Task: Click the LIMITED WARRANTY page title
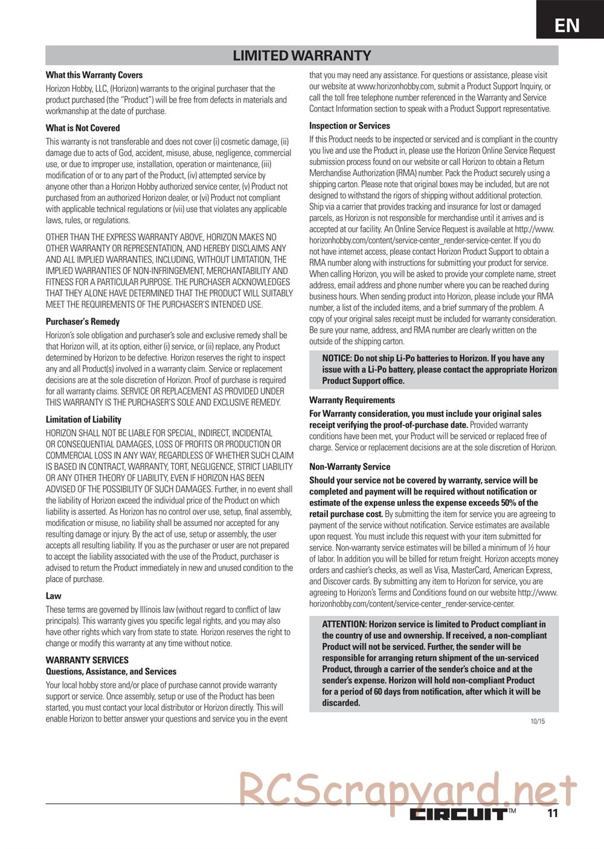[x=302, y=56]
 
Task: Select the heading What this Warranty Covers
[x=94, y=75]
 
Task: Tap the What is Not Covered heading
[x=83, y=128]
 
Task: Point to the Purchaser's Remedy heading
[x=83, y=322]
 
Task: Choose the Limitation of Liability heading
[x=83, y=420]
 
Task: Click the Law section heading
[x=54, y=596]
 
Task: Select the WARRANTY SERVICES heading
[x=87, y=660]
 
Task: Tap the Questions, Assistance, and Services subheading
[x=111, y=671]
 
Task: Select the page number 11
[x=552, y=813]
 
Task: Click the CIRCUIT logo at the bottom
[x=458, y=813]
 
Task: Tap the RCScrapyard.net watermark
[x=408, y=788]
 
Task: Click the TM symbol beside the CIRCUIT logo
[x=512, y=811]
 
